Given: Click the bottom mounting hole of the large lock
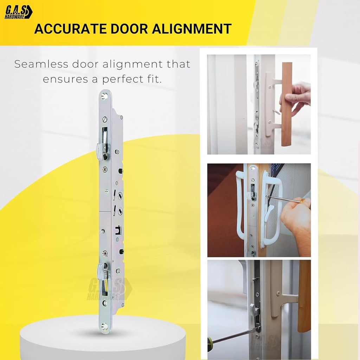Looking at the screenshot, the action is pyautogui.click(x=105, y=326).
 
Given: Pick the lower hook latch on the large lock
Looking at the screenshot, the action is pyautogui.click(x=102, y=269).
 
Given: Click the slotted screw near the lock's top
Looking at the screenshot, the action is pyautogui.click(x=105, y=120).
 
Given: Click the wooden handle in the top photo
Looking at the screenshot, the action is pyautogui.click(x=287, y=104).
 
